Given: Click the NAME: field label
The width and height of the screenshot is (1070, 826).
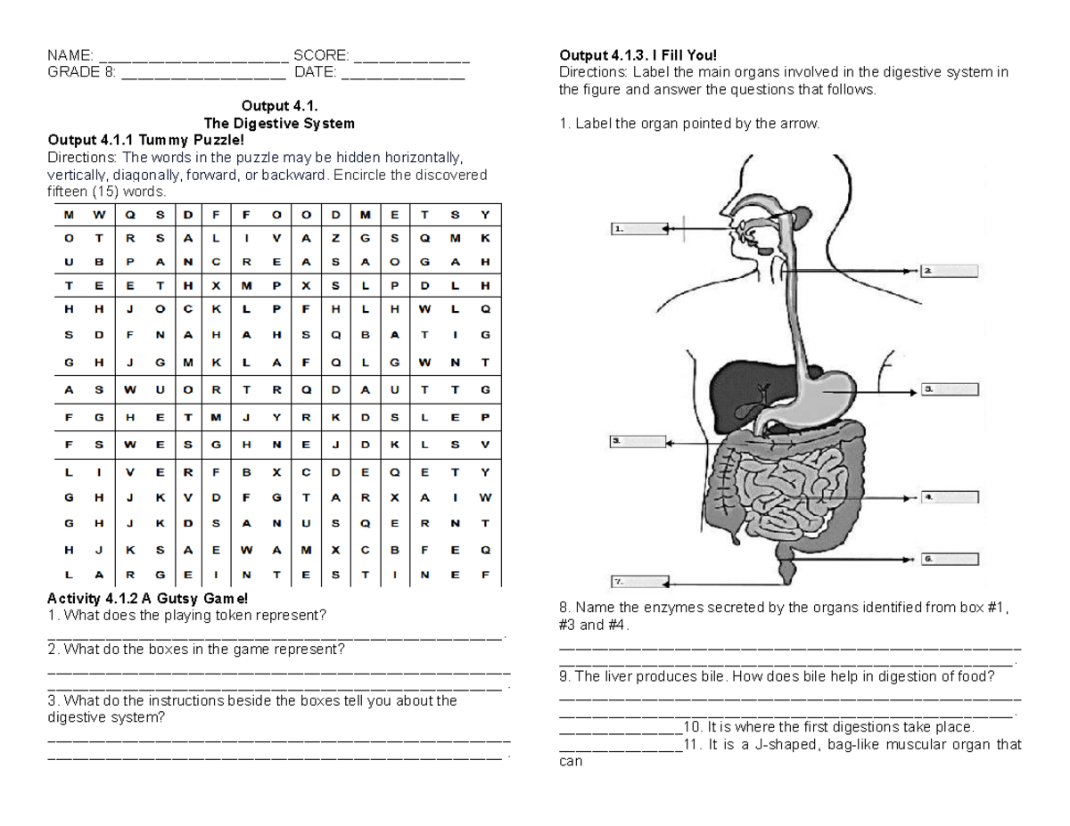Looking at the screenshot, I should coord(70,56).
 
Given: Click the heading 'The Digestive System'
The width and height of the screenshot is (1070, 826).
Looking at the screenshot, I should coord(279,123).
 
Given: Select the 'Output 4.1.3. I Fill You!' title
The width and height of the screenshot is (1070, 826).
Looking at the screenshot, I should coord(637,56).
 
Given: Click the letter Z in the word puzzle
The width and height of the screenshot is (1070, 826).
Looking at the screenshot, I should coord(335,238).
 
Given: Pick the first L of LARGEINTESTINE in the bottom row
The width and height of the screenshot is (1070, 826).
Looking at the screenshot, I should coord(69,575).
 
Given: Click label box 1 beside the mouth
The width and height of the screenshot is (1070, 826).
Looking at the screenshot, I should coord(638,228).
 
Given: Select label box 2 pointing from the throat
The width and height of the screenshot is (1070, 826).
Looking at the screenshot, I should coord(949,270).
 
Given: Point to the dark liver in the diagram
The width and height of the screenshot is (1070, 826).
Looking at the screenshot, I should coord(734,386).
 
